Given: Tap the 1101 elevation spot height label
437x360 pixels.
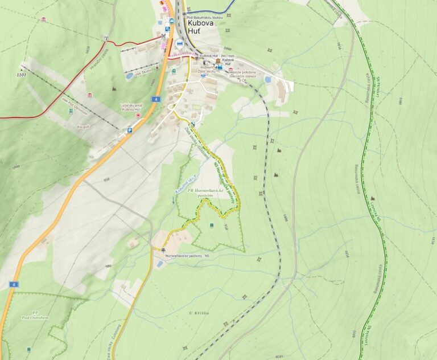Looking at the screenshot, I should (22, 75).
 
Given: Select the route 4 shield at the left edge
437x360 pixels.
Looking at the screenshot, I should (14, 284).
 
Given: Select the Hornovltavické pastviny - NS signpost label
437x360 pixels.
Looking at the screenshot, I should (188, 256).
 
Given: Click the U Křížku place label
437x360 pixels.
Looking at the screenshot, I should (196, 313).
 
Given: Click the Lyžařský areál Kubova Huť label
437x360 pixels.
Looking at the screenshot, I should (131, 107).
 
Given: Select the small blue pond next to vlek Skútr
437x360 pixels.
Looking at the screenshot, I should (130, 76).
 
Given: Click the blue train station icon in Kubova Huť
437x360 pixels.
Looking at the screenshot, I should (219, 67).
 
